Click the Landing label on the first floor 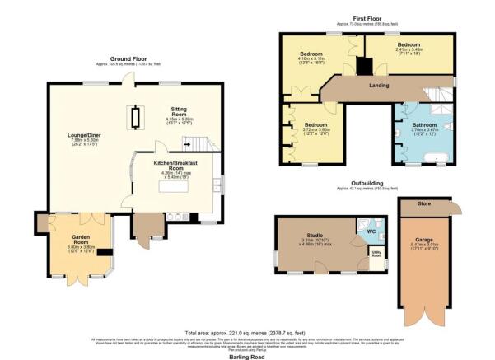tap(380, 86)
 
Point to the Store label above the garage tap(423, 202)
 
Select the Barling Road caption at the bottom tap(246, 355)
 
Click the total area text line tap(247, 330)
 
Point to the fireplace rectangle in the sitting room tap(138, 118)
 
